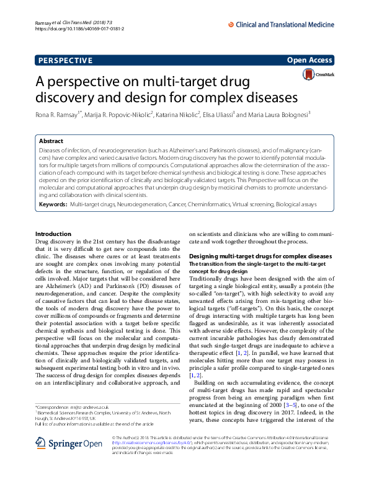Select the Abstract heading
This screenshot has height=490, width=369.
pyautogui.click(x=52, y=141)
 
